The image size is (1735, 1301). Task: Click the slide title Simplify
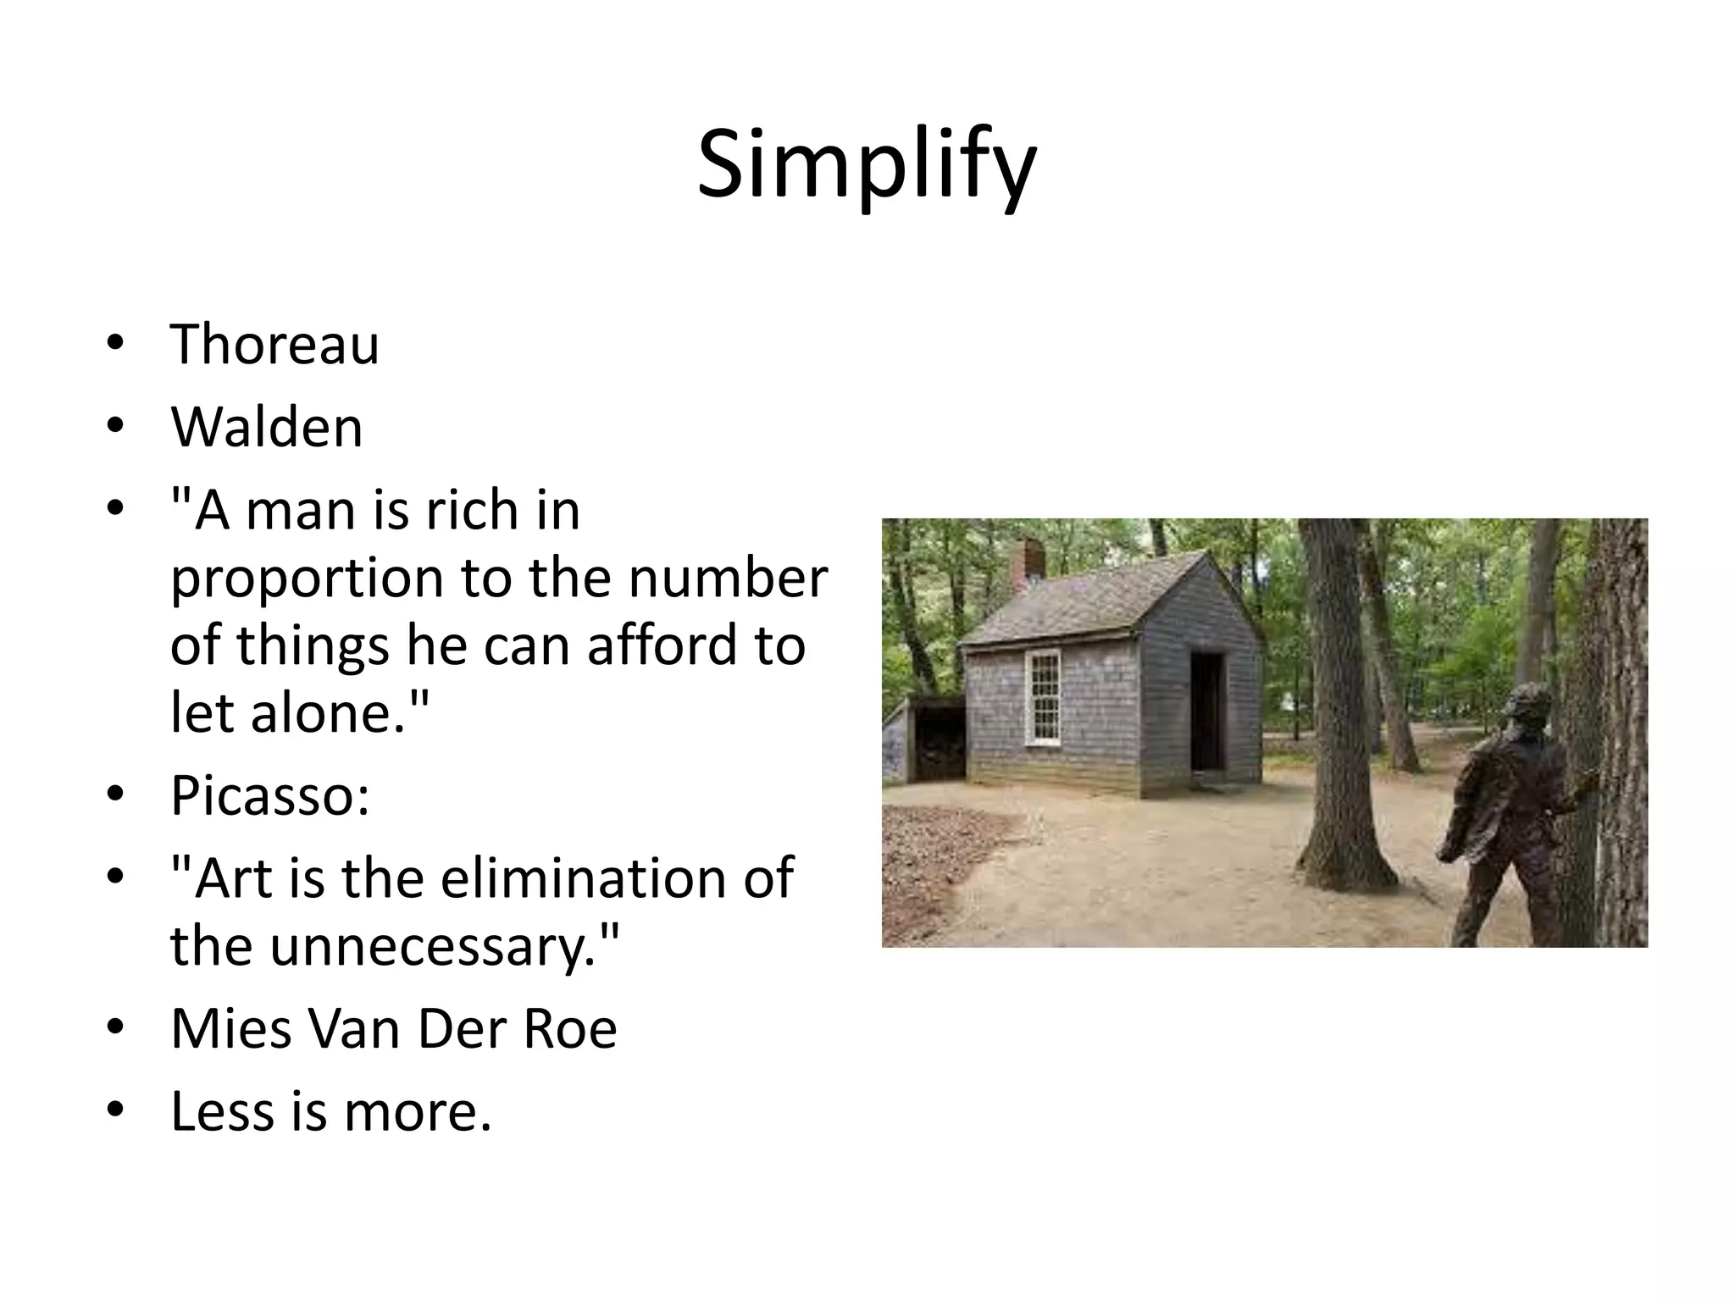pyautogui.click(x=866, y=166)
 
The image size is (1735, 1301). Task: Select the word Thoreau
pyautogui.click(x=274, y=345)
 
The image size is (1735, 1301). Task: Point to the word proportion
pyautogui.click(x=307, y=579)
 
